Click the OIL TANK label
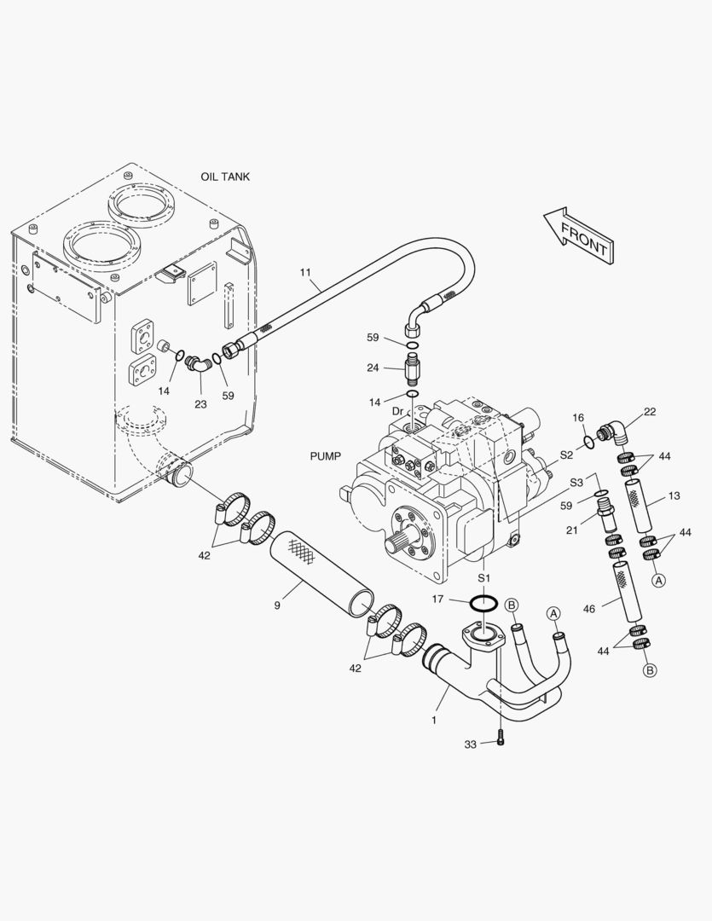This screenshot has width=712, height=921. tap(225, 177)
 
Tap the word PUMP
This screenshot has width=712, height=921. tap(325, 456)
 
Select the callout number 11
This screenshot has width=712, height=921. tap(305, 272)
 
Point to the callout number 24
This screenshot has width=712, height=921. tap(373, 368)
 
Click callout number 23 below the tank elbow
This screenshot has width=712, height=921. tap(200, 404)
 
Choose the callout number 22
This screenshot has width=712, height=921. tap(650, 413)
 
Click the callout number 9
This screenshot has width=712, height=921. tap(277, 605)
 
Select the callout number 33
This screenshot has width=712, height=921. tap(470, 744)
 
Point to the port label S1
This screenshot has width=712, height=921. tap(484, 578)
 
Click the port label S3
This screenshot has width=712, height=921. tap(576, 483)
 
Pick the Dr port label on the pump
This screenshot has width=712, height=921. tap(397, 411)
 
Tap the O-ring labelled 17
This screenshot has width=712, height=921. tap(483, 603)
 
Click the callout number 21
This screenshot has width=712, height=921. tap(573, 530)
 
